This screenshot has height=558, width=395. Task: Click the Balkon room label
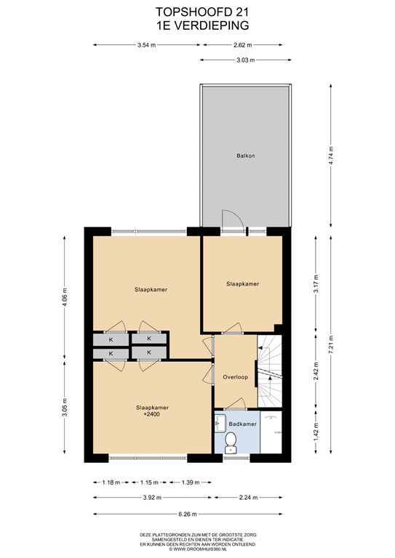[x=246, y=155]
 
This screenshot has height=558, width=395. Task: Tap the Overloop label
[x=235, y=377]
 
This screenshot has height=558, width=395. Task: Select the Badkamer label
[x=242, y=424]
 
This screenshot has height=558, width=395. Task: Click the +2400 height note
[x=151, y=414]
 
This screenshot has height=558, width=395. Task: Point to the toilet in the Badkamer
[x=231, y=442]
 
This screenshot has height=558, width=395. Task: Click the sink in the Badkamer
[x=220, y=423]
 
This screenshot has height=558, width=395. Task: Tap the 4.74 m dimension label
[x=331, y=155]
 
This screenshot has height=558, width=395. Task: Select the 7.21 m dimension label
[x=331, y=344]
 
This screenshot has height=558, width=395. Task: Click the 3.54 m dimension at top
[x=146, y=45]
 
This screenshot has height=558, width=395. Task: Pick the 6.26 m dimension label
[x=188, y=514]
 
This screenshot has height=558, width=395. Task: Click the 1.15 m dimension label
[x=149, y=482]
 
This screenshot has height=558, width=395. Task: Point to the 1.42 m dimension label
[x=316, y=432]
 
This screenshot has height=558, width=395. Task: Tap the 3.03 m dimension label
[x=246, y=60]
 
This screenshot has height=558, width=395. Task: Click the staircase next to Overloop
[x=270, y=371]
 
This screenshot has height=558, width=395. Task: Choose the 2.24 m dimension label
[x=248, y=498]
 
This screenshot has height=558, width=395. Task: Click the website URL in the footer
[x=199, y=549]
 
